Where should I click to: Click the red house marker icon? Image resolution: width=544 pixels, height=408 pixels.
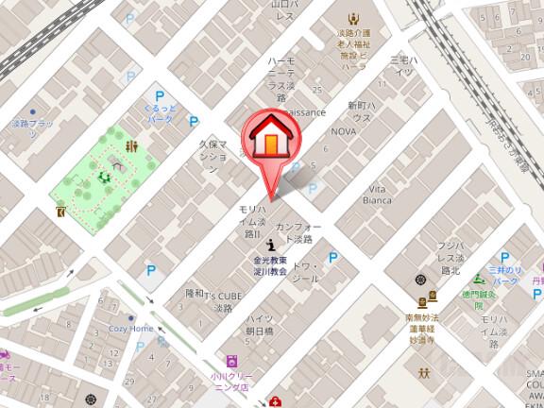[269, 138]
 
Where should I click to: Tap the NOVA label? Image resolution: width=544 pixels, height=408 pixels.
[343, 132]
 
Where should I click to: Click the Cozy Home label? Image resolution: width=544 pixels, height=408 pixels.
[130, 329]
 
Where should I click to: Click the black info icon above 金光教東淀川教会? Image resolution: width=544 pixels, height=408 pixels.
[271, 245]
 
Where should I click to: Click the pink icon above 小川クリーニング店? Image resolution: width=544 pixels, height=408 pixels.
[231, 361]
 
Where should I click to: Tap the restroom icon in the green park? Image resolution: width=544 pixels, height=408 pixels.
[133, 146]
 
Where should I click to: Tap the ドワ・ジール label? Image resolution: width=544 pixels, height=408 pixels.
[309, 273]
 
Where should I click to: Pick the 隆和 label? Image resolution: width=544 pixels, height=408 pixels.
[195, 293]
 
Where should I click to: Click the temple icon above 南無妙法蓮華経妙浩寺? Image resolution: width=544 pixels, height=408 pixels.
[420, 280]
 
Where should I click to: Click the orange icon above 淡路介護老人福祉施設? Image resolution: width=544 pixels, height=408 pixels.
[353, 19]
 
